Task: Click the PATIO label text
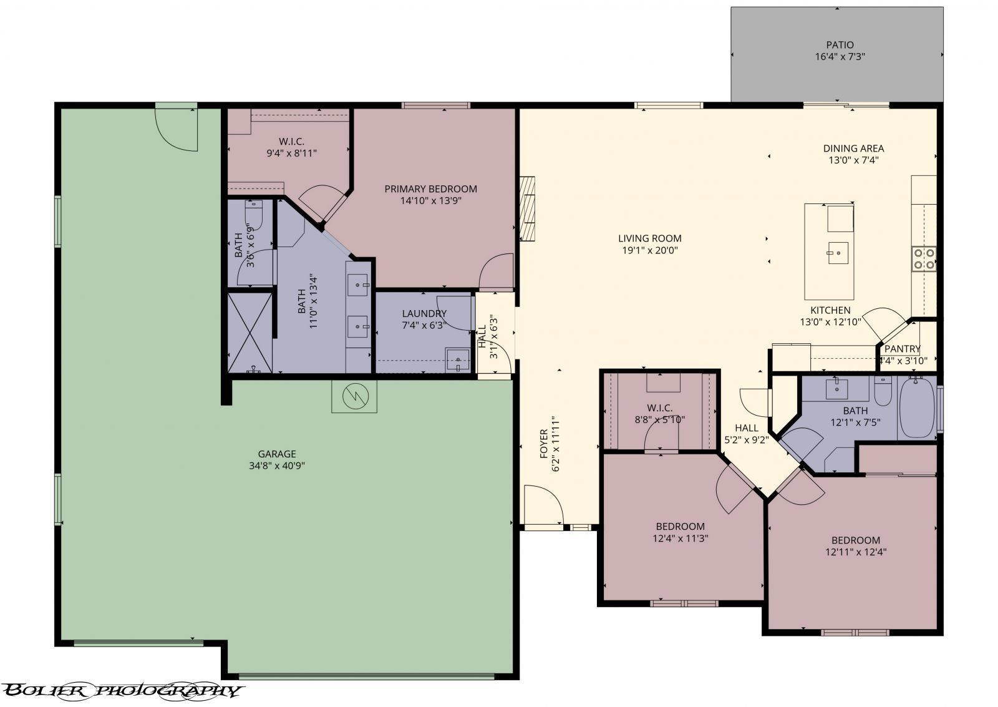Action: point(840,45)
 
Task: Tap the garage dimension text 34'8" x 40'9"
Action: point(277,466)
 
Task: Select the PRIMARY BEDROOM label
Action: point(430,189)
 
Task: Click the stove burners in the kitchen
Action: point(923,258)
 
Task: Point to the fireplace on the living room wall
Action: point(528,208)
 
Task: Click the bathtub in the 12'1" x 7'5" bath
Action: point(916,407)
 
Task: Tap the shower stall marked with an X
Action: point(250,331)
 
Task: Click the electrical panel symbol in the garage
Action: point(354,396)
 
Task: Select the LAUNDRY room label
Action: point(424,313)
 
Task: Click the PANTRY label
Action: point(902,349)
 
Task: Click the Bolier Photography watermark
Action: point(122,690)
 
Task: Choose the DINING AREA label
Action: point(853,149)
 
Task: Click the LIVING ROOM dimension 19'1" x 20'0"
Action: point(649,250)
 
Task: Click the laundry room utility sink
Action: point(458,360)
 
